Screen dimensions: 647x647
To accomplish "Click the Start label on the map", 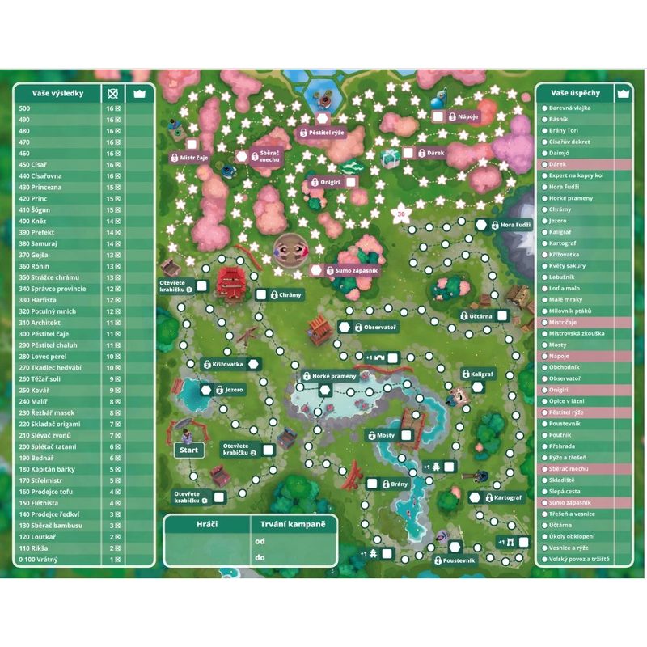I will pos(188,450).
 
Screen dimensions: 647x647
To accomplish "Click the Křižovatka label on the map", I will pos(229,365).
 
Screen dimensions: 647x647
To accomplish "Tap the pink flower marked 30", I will pos(401,214).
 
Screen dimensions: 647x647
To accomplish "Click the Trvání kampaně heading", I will pos(294,524).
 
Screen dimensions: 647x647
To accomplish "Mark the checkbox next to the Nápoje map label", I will pos(438,116).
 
